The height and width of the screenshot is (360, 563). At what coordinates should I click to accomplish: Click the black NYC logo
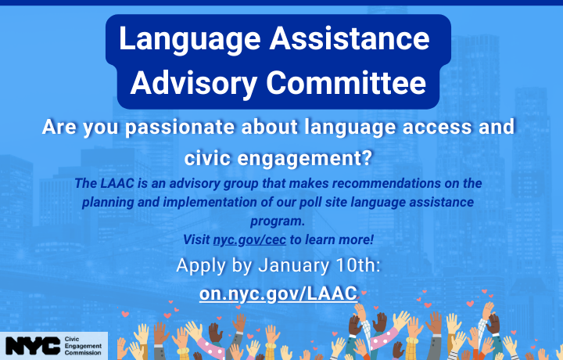point(30,345)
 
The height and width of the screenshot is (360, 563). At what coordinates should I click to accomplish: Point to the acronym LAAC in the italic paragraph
point(115,183)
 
